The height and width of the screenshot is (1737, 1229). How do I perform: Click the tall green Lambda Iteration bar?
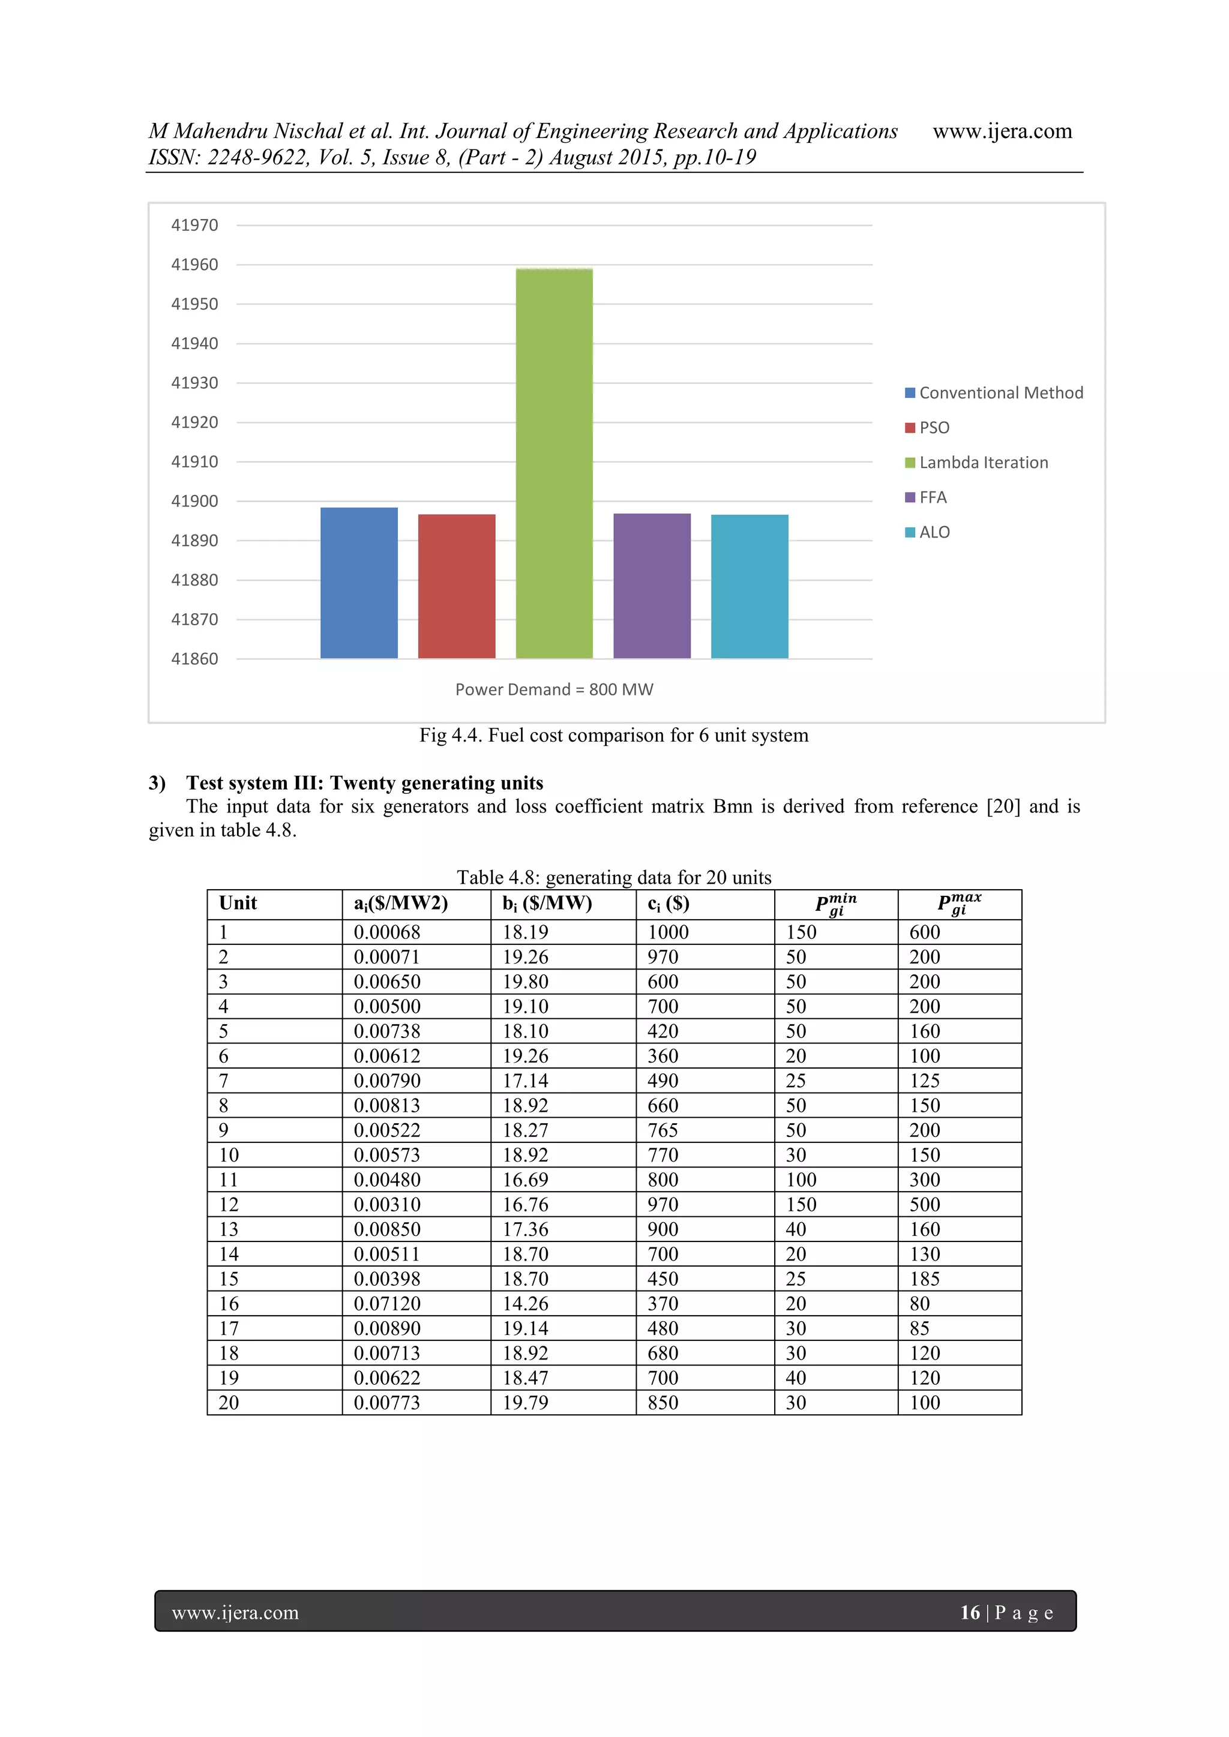point(554,463)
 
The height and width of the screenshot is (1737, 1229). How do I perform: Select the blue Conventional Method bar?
point(359,583)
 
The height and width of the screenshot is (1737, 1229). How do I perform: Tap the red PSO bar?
point(456,586)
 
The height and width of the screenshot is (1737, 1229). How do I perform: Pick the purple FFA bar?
point(652,586)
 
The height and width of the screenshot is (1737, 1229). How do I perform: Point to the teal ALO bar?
point(749,586)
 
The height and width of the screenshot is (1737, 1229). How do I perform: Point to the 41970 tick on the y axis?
point(194,224)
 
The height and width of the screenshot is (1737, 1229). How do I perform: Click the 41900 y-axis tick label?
point(194,501)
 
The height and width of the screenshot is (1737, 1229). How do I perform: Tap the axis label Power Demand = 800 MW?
point(554,689)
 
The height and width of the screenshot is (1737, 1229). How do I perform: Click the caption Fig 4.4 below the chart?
point(614,736)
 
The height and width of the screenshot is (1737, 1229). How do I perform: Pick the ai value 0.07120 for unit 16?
point(386,1304)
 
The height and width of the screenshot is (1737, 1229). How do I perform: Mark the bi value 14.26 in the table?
point(525,1304)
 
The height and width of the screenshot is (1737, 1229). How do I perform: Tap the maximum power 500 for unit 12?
point(924,1204)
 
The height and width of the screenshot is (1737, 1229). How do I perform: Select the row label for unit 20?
point(229,1403)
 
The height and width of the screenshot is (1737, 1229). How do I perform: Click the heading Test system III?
point(365,782)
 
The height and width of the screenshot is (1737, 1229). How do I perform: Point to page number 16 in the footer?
point(969,1612)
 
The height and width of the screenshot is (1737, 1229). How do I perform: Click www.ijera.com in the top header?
point(1002,131)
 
